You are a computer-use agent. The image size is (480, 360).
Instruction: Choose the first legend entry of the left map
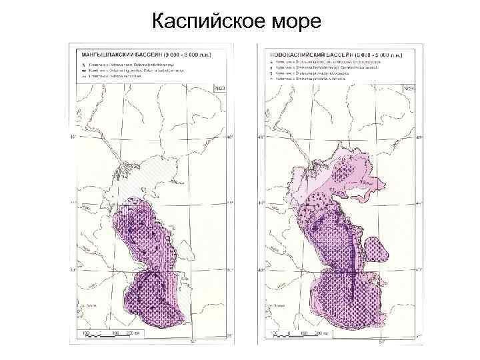(x=127, y=60)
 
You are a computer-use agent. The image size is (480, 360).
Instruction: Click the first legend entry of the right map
(x=320, y=60)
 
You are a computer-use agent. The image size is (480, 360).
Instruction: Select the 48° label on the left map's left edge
(x=74, y=139)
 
